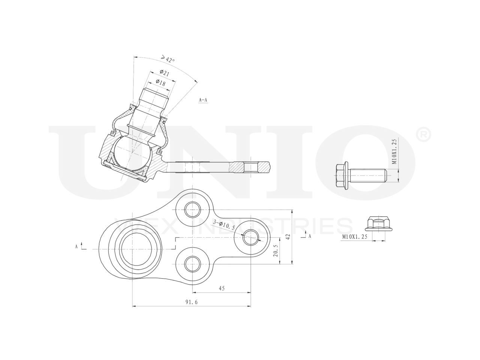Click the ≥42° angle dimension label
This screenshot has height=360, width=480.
[168, 59]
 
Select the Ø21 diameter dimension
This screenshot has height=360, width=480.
[164, 73]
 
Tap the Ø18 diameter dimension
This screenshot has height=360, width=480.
[160, 83]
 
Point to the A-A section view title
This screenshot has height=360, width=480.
[203, 100]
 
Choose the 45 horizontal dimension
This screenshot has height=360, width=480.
[221, 288]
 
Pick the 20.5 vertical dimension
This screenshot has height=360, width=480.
[276, 251]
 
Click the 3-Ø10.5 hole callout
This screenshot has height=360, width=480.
[224, 225]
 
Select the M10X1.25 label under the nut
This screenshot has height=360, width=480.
[354, 237]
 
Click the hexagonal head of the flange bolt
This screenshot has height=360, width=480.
[340, 175]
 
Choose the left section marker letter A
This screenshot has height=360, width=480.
[76, 246]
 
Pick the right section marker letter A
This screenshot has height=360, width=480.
[310, 236]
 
